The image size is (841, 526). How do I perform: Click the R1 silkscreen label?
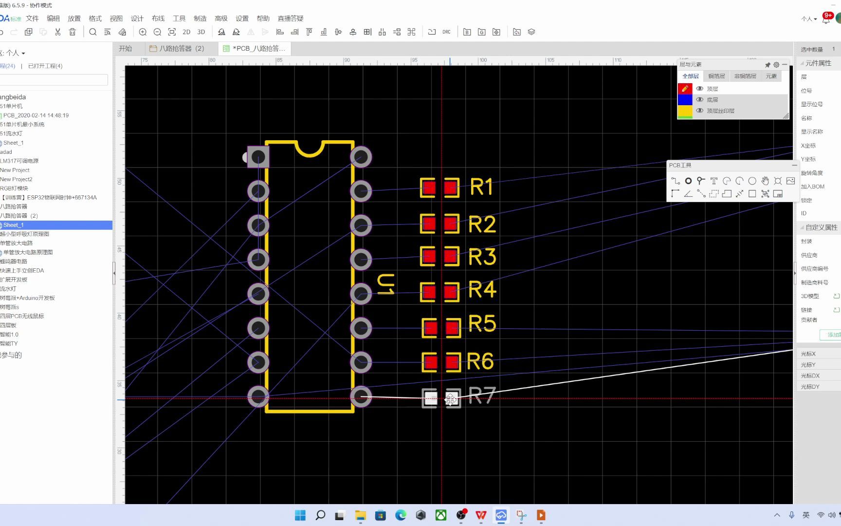click(481, 187)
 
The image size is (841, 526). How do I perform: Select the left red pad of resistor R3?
click(428, 256)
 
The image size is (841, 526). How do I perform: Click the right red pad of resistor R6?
click(452, 362)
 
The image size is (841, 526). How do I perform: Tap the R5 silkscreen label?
click(482, 323)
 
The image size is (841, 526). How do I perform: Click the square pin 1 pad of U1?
click(258, 157)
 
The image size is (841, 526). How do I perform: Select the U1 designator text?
click(386, 284)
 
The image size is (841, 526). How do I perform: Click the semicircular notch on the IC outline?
click(310, 148)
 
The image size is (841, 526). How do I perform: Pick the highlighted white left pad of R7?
click(430, 398)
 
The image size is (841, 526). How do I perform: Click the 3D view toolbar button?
click(201, 32)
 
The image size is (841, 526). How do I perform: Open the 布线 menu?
click(158, 19)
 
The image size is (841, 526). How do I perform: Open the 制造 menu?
click(200, 19)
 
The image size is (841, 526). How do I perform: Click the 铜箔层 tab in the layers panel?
click(716, 76)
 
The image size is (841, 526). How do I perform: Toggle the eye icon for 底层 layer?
click(699, 99)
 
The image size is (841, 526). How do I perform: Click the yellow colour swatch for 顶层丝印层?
click(685, 111)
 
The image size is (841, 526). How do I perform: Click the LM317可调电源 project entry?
click(19, 161)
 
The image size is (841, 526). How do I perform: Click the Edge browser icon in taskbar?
click(401, 515)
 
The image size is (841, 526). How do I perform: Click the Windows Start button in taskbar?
click(300, 515)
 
